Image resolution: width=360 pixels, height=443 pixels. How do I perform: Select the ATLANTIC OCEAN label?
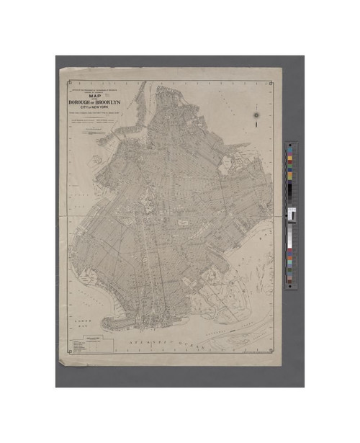pos(173,336)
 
